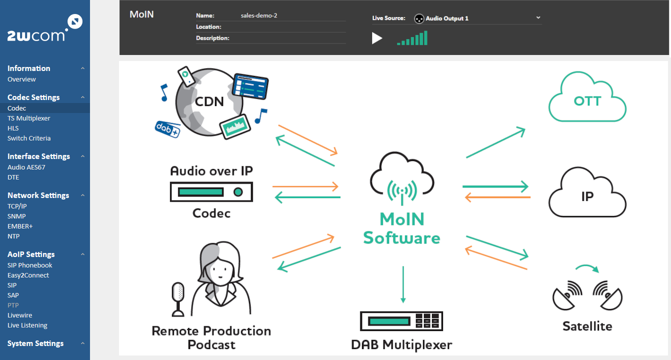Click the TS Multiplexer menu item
click(29, 118)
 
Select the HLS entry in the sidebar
click(13, 128)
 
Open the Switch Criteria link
click(29, 138)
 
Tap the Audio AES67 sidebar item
click(26, 167)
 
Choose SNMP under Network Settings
click(16, 216)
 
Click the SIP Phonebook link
click(30, 265)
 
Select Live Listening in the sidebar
click(27, 325)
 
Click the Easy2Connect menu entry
click(28, 275)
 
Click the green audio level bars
click(412, 38)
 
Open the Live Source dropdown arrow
click(538, 17)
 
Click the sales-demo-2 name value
click(259, 15)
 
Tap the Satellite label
click(587, 326)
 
